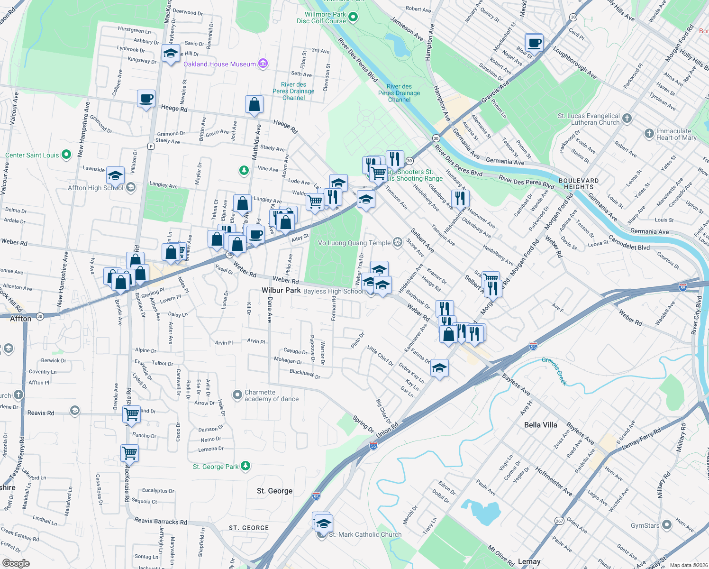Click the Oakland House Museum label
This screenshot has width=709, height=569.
219,64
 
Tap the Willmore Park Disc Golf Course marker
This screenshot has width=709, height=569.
353,18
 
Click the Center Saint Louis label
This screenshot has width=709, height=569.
32,155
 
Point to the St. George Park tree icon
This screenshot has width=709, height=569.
245,466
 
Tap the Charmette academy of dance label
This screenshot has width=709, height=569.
272,395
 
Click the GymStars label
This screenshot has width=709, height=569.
645,525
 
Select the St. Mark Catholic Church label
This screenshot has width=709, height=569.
365,534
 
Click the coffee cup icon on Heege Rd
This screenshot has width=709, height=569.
146,99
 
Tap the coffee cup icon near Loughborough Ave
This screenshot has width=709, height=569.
534,43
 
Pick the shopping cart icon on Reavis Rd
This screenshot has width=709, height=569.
131,413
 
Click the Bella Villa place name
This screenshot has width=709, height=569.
541,425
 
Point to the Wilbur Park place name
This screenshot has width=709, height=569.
281,290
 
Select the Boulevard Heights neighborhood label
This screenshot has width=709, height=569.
579,184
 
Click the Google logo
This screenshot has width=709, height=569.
16,563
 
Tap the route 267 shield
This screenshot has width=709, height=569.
559,521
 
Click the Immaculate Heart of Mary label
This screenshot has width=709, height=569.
676,134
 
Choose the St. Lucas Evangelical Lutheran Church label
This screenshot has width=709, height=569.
589,119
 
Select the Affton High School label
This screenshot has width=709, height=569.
95,188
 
